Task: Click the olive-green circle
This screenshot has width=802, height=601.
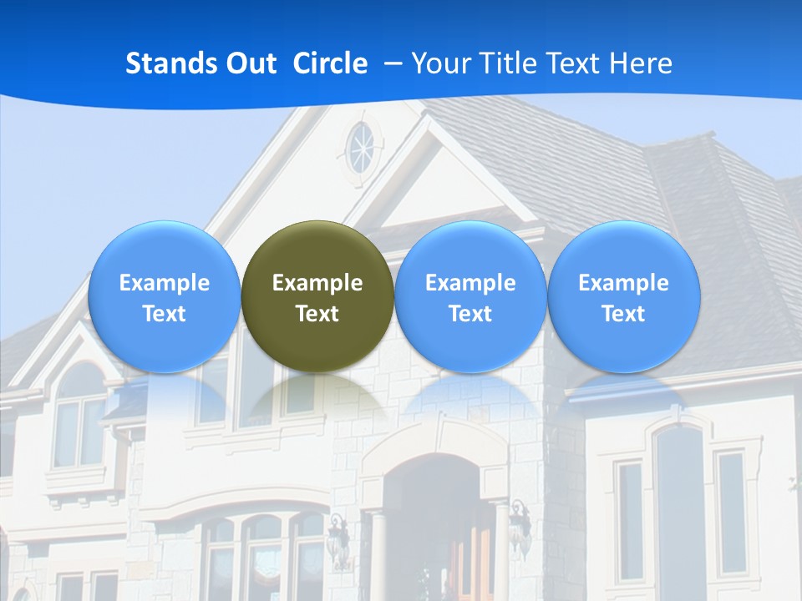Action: click(317, 296)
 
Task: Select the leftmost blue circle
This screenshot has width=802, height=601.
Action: click(165, 296)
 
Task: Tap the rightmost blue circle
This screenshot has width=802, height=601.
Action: click(623, 296)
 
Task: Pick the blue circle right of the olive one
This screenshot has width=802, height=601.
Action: click(470, 296)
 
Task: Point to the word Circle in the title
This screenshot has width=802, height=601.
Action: click(330, 63)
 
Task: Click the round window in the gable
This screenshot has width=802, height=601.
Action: click(362, 149)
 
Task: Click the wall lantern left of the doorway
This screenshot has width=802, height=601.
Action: click(338, 538)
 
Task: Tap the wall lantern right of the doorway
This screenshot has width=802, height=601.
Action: click(520, 526)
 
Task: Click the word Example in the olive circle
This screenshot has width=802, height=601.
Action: click(317, 283)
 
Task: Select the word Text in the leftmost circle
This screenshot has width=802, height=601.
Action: click(165, 314)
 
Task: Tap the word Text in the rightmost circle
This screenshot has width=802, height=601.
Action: click(623, 314)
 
